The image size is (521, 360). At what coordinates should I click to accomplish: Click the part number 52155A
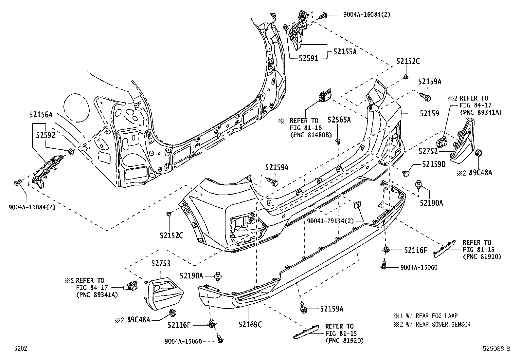pos(345,51)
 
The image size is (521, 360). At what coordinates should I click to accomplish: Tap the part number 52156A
pos(41,114)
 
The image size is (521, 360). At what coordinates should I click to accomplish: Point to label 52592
pos(46,135)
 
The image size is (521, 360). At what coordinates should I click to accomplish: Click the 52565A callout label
pos(339,120)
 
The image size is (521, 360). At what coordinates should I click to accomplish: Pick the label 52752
pos(428,151)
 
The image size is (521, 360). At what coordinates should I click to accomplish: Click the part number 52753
pos(161,263)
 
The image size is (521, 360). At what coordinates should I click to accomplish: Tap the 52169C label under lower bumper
pos(250,324)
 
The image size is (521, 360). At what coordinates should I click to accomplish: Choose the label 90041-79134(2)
pos(331,221)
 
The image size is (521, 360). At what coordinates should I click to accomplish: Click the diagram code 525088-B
pos(496,349)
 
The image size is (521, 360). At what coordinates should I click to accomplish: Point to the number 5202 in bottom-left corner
pos(20,349)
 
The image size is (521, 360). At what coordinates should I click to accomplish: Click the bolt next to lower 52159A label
pos(303,308)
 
